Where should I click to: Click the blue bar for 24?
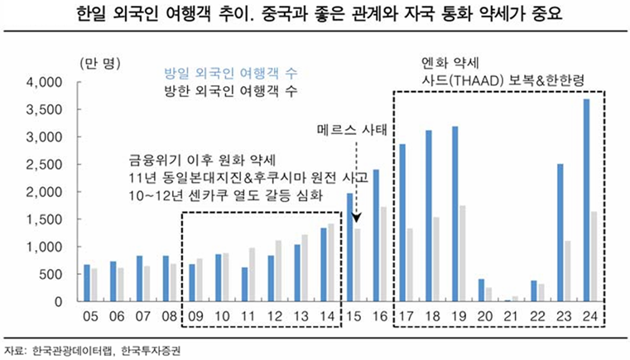click(x=587, y=200)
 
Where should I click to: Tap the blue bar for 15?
click(x=350, y=247)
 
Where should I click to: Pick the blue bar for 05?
click(x=87, y=283)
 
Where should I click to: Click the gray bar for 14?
click(x=331, y=262)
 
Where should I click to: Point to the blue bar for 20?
click(x=481, y=290)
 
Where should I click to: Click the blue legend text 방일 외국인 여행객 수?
click(x=219, y=71)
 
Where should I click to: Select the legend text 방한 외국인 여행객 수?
click(x=219, y=89)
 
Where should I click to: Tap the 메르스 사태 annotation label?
click(x=355, y=131)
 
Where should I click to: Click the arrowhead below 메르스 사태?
click(x=357, y=219)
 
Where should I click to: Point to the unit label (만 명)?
click(x=100, y=64)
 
